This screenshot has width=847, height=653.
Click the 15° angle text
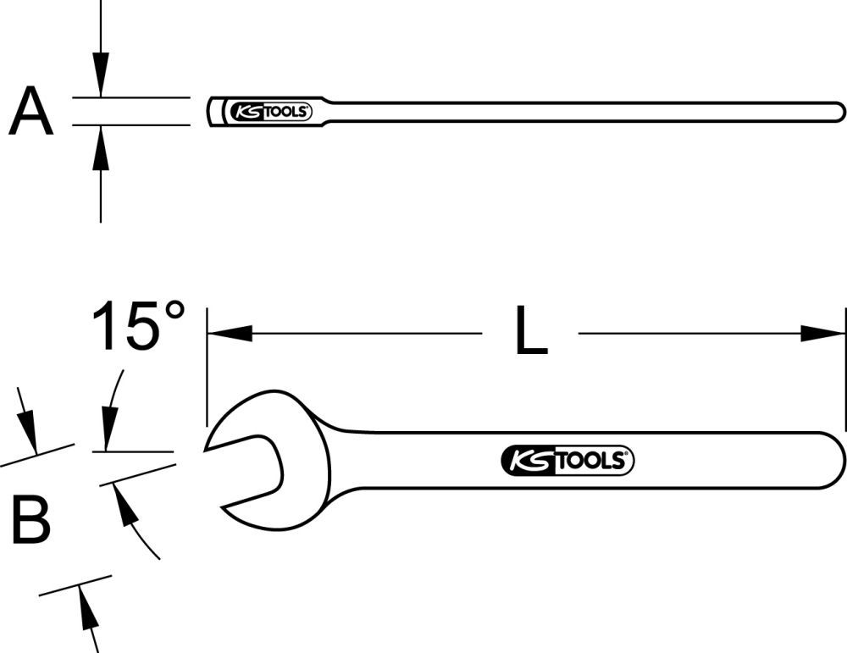138,326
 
